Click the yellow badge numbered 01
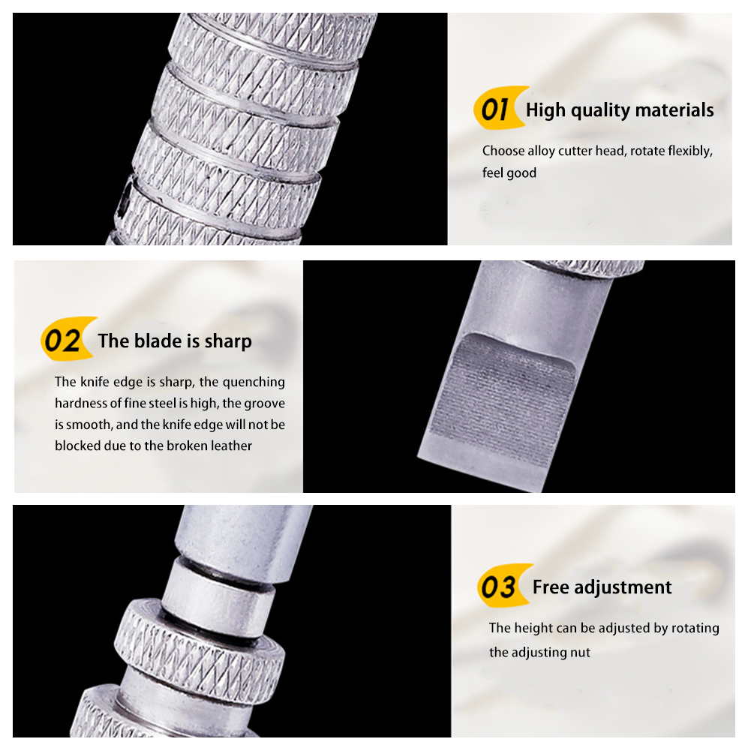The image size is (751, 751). pyautogui.click(x=498, y=108)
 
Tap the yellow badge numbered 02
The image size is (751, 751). pyautogui.click(x=66, y=339)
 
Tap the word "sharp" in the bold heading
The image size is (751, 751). pyautogui.click(x=228, y=342)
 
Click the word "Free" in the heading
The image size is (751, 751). pyautogui.click(x=551, y=587)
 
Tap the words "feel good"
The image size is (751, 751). pyautogui.click(x=509, y=173)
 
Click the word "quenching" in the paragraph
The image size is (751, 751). pyautogui.click(x=254, y=382)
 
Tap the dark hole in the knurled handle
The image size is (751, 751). pyautogui.click(x=125, y=197)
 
